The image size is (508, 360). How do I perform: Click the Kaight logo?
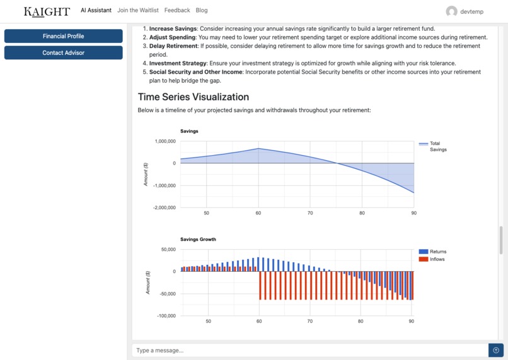(47, 11)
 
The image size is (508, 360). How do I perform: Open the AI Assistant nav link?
(96, 10)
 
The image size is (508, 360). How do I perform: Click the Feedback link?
(177, 10)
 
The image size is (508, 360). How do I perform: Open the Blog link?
(202, 10)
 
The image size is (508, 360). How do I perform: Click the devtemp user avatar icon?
(451, 11)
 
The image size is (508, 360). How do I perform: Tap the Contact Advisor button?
(63, 53)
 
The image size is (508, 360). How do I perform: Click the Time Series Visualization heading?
(193, 97)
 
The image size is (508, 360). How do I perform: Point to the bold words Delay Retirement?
(173, 46)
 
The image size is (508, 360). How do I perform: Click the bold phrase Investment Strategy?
(178, 63)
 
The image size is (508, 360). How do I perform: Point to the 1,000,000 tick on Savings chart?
(165, 141)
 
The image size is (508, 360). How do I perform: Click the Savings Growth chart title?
(198, 240)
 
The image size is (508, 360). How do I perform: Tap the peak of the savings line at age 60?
(258, 149)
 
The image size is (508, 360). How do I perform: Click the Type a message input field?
(309, 350)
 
